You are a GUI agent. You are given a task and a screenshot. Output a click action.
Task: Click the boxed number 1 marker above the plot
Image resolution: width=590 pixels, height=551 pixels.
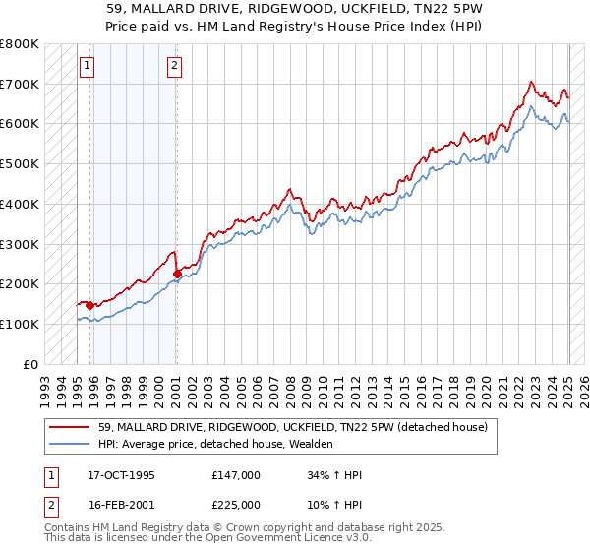87,66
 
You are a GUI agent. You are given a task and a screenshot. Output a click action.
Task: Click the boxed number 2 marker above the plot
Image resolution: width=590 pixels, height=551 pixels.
174,66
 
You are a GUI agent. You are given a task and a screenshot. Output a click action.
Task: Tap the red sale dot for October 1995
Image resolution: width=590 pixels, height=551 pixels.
90,305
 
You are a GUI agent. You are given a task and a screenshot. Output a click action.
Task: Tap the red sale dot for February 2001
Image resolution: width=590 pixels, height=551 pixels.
177,274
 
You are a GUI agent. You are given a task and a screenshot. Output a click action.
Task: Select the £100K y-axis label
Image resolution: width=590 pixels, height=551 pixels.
20,324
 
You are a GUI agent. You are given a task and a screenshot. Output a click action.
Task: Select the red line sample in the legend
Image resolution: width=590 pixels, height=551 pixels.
71,427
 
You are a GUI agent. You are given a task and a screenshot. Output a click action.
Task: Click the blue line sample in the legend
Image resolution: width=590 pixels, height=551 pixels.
71,444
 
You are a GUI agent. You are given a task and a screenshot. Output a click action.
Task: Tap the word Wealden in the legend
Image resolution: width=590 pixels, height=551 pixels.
311,444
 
